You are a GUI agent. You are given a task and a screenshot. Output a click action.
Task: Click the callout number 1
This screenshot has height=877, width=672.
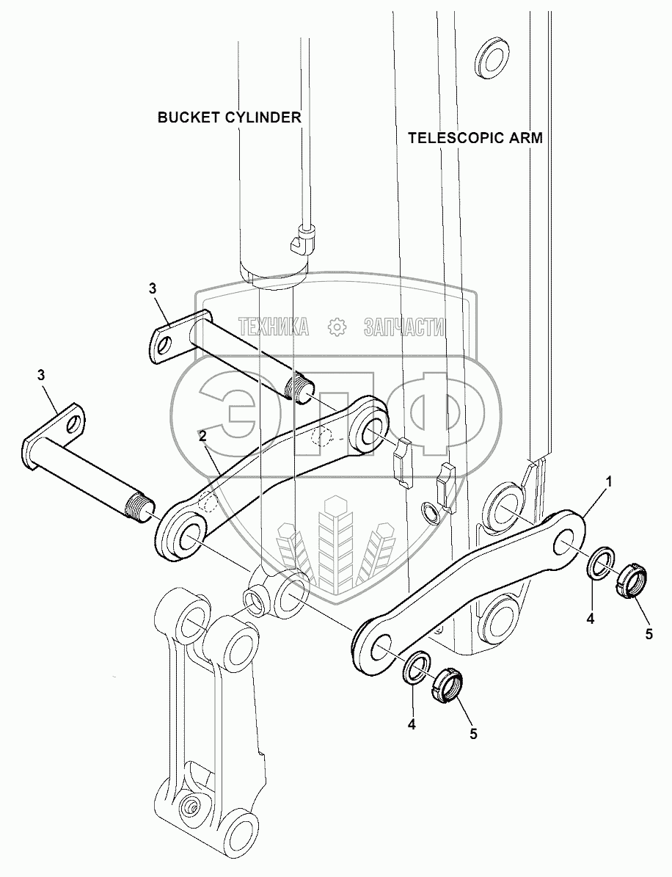point(607,481)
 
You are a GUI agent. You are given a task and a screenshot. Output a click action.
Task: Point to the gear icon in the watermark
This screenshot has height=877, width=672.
point(336,327)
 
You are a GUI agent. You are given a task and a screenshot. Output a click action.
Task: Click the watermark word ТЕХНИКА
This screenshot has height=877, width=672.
point(273,327)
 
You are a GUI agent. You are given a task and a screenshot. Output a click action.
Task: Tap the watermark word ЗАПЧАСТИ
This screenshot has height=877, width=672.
point(404,327)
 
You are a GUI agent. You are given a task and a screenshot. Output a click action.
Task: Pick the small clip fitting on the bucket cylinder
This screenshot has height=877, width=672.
point(302,239)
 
